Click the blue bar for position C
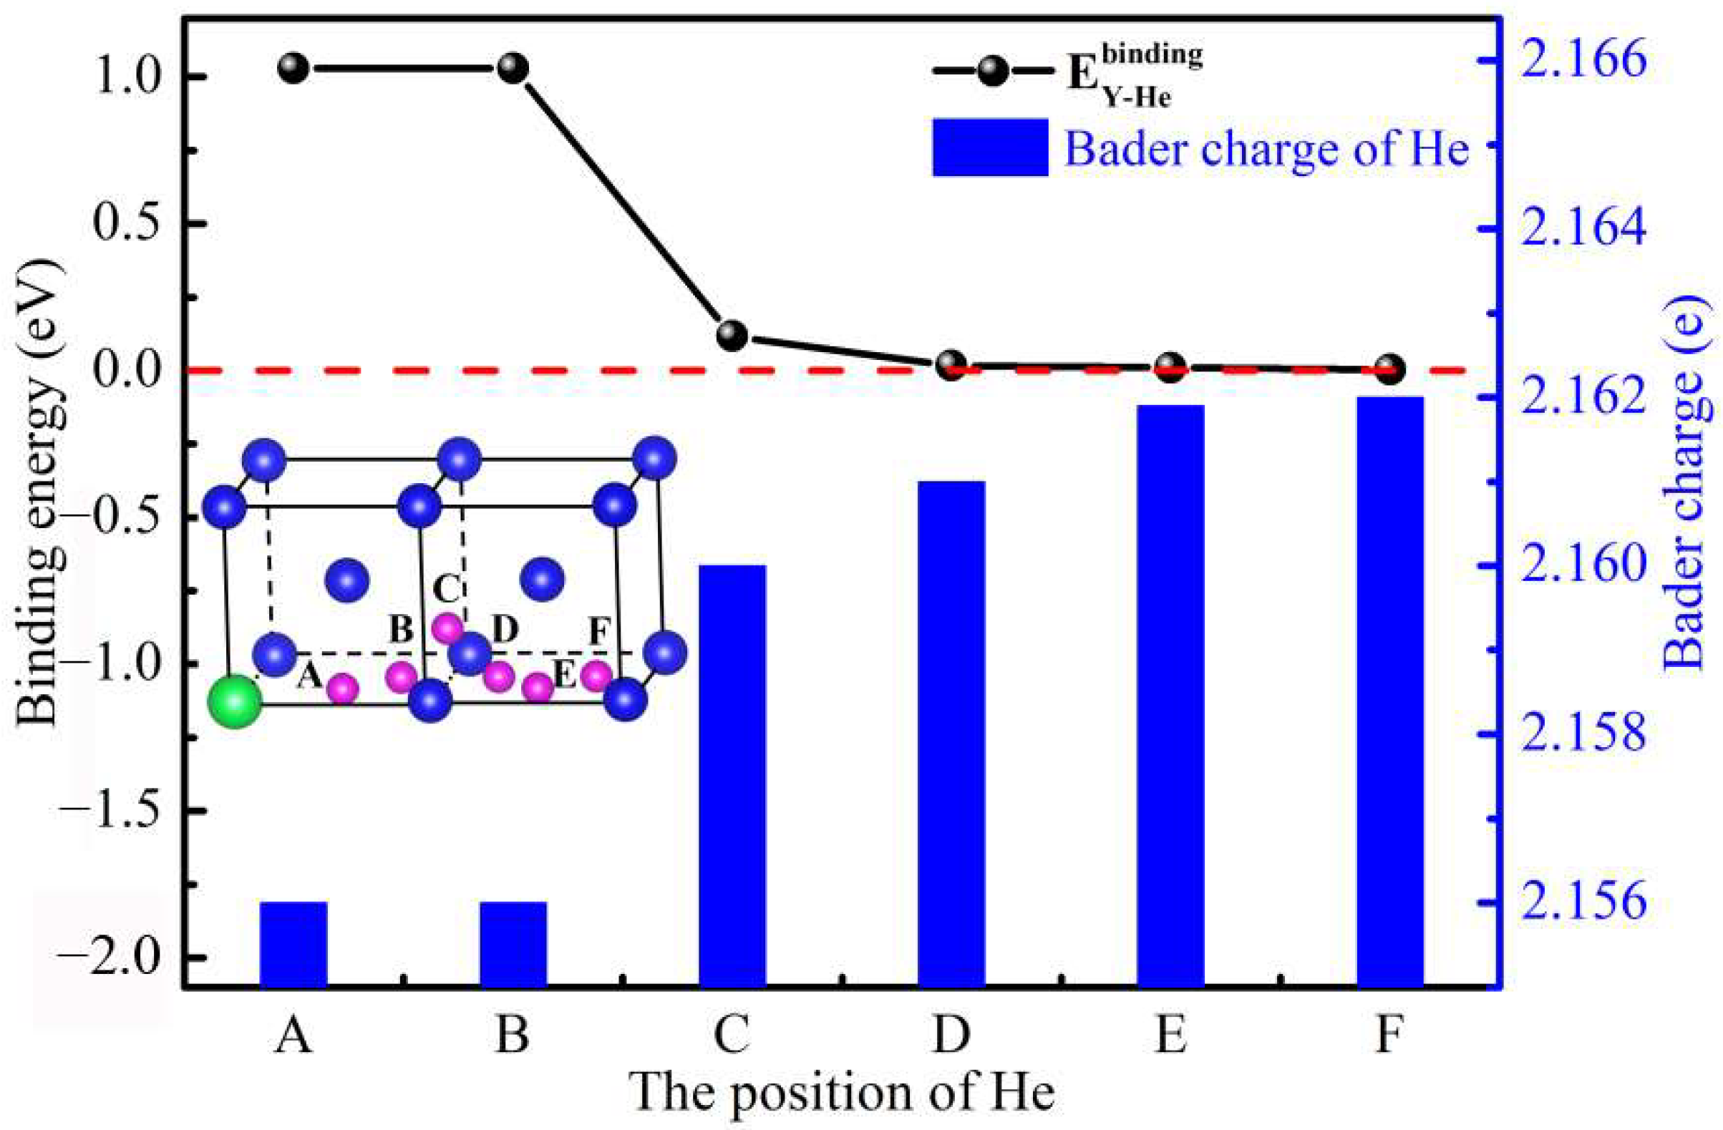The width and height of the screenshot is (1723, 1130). [x=732, y=775]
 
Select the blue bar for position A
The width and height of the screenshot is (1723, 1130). [x=293, y=944]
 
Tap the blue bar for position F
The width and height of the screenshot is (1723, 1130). [x=1390, y=691]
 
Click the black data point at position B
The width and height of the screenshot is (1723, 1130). [x=513, y=69]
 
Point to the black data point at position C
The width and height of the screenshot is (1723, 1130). [x=732, y=335]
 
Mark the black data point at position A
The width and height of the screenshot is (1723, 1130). [x=293, y=69]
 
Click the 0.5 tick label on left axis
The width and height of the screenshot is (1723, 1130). [x=134, y=224]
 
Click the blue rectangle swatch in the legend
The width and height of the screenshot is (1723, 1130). [x=991, y=147]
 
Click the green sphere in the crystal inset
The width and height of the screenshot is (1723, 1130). [x=234, y=701]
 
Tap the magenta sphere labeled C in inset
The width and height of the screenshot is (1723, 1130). [x=447, y=628]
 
